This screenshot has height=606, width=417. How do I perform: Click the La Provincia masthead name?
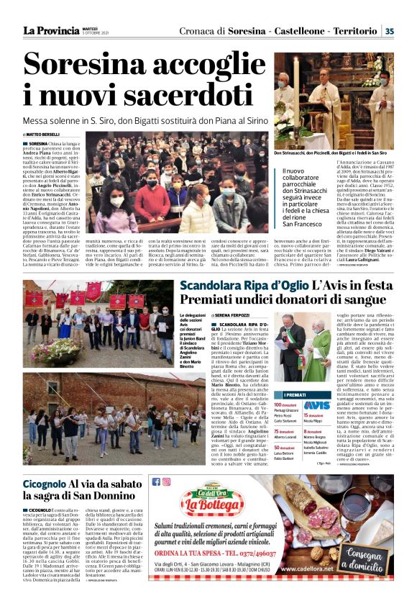50,30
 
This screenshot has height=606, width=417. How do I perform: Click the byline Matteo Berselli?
42,135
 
